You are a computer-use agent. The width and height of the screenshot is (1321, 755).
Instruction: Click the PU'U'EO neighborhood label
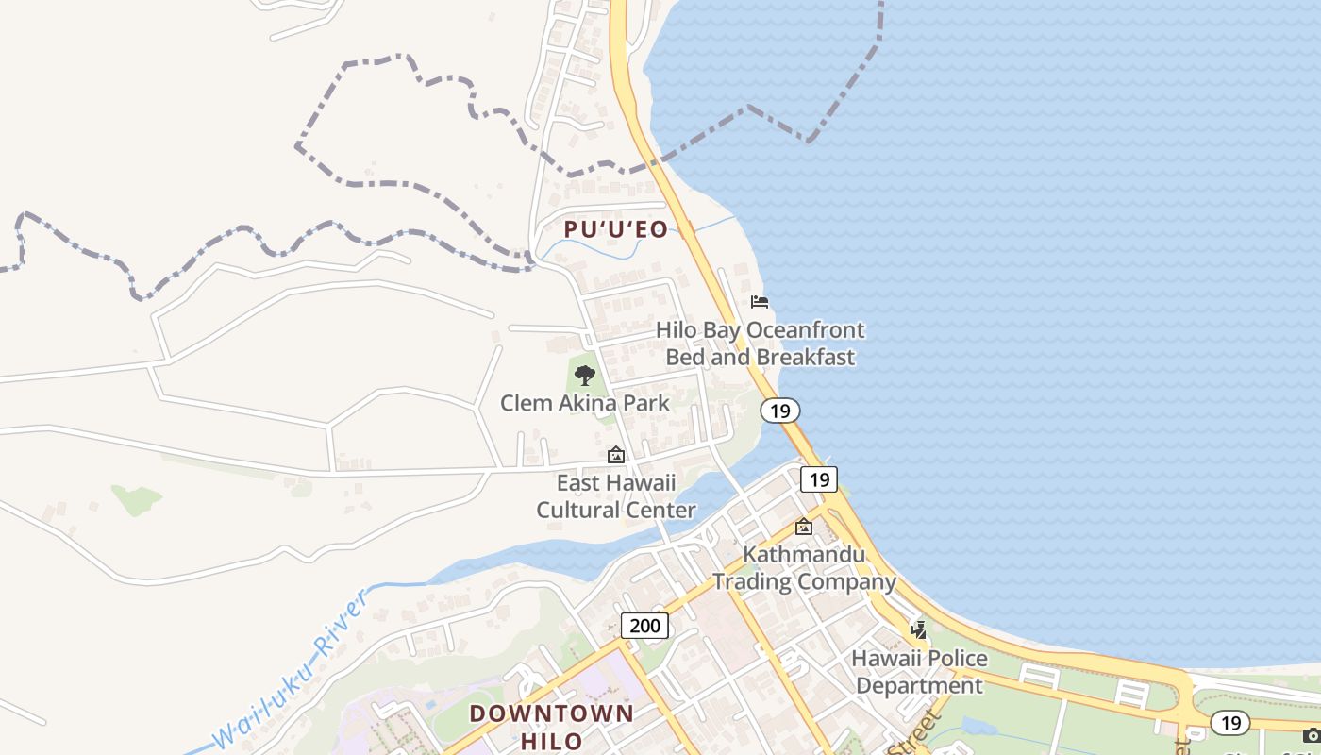coord(615,229)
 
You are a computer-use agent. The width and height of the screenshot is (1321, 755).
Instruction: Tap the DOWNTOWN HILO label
coord(551,726)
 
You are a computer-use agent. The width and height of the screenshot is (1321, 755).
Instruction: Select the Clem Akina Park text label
coord(585,403)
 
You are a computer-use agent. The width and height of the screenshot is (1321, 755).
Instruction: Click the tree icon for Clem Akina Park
coord(585,376)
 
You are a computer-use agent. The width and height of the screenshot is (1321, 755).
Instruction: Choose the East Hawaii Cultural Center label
coord(616,496)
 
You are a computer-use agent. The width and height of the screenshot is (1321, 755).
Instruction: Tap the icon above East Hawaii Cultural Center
coord(616,455)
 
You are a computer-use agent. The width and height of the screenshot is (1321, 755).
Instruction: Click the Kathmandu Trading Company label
coord(804,567)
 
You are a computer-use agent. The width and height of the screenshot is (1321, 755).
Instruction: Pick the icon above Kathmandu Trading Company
coord(804,527)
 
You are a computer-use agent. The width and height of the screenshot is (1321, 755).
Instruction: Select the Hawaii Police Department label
coord(920,671)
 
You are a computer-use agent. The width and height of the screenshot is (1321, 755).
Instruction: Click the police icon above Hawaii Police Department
coord(918,629)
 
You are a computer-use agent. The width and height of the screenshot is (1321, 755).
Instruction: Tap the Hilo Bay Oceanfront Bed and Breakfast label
coord(760,344)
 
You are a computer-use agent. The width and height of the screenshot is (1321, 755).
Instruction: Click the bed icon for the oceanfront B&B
coord(760,302)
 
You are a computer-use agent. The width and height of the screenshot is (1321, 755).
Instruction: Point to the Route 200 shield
coord(645,625)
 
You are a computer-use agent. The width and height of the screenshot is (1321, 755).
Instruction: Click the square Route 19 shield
coord(819,479)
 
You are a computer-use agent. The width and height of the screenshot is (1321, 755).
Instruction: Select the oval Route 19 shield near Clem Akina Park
coord(779,411)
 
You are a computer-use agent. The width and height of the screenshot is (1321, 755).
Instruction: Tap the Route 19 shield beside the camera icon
coord(1230,723)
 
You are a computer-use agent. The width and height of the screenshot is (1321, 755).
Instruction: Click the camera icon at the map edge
coord(1312,734)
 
